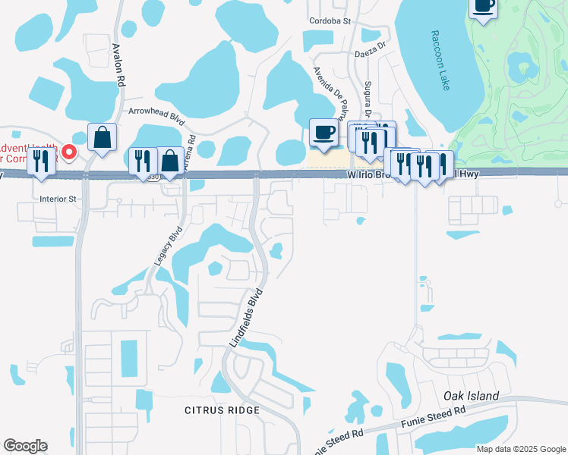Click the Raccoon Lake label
440,61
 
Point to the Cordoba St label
329,21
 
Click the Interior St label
58,199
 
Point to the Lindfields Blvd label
246,318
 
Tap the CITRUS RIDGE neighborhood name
222,410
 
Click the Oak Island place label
471,396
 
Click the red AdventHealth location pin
69,152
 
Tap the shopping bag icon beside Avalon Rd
102,137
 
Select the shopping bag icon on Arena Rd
170,161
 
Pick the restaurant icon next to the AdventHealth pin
41,161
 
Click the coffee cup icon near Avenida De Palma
324,132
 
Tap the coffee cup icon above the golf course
483,7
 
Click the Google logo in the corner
25,446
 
